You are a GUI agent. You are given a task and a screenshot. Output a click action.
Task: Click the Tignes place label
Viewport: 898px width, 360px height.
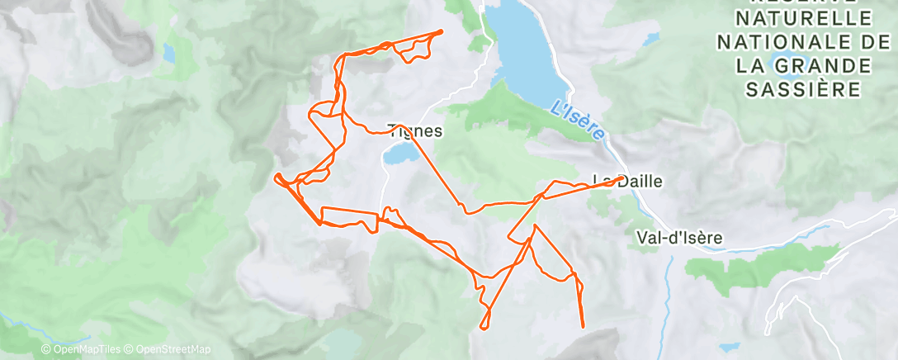point(415,130)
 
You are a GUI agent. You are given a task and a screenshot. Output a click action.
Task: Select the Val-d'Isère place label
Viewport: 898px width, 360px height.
point(679,237)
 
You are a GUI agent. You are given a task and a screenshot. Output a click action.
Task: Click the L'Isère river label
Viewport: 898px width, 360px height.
point(578,118)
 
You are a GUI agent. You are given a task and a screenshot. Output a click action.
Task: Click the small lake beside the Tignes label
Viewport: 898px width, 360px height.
point(398,154)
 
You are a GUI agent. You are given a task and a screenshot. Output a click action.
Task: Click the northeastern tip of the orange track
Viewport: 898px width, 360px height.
point(441,31)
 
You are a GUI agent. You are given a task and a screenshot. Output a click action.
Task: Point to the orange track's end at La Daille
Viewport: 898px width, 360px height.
point(620,177)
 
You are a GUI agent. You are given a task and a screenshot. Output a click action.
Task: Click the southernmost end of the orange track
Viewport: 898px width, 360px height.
point(583,327)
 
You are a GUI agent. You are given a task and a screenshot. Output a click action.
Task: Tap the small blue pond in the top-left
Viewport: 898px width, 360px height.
point(168,53)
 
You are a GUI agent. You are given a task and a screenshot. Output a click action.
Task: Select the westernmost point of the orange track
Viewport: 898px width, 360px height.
point(276,175)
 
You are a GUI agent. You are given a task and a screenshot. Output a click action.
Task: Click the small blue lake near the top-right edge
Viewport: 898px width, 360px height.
point(650,38)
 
